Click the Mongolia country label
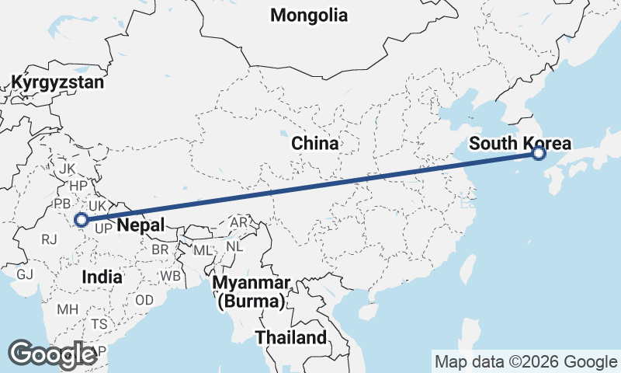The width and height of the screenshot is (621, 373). (x=309, y=15)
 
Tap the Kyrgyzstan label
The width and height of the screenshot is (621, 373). (x=57, y=82)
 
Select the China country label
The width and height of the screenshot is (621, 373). (x=314, y=144)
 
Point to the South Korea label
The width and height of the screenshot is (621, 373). (x=520, y=144)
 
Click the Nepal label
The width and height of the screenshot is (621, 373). (x=141, y=225)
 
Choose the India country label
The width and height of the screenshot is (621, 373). (x=102, y=277)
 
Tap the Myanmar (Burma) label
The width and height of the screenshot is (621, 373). (x=252, y=291)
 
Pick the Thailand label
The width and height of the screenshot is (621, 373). (x=291, y=338)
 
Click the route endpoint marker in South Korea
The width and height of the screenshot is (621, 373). (x=539, y=154)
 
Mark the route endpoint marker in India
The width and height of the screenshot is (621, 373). (x=81, y=220)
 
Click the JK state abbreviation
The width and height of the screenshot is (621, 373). (x=67, y=169)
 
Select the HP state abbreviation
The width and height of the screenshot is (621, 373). (x=78, y=186)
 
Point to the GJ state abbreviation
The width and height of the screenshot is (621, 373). (x=25, y=274)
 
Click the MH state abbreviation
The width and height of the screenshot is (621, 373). (x=68, y=309)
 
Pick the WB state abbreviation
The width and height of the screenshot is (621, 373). (x=169, y=277)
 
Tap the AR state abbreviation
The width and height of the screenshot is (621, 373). (x=239, y=223)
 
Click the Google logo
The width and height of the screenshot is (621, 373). (x=53, y=354)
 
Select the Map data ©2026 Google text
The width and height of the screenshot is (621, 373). (x=525, y=361)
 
